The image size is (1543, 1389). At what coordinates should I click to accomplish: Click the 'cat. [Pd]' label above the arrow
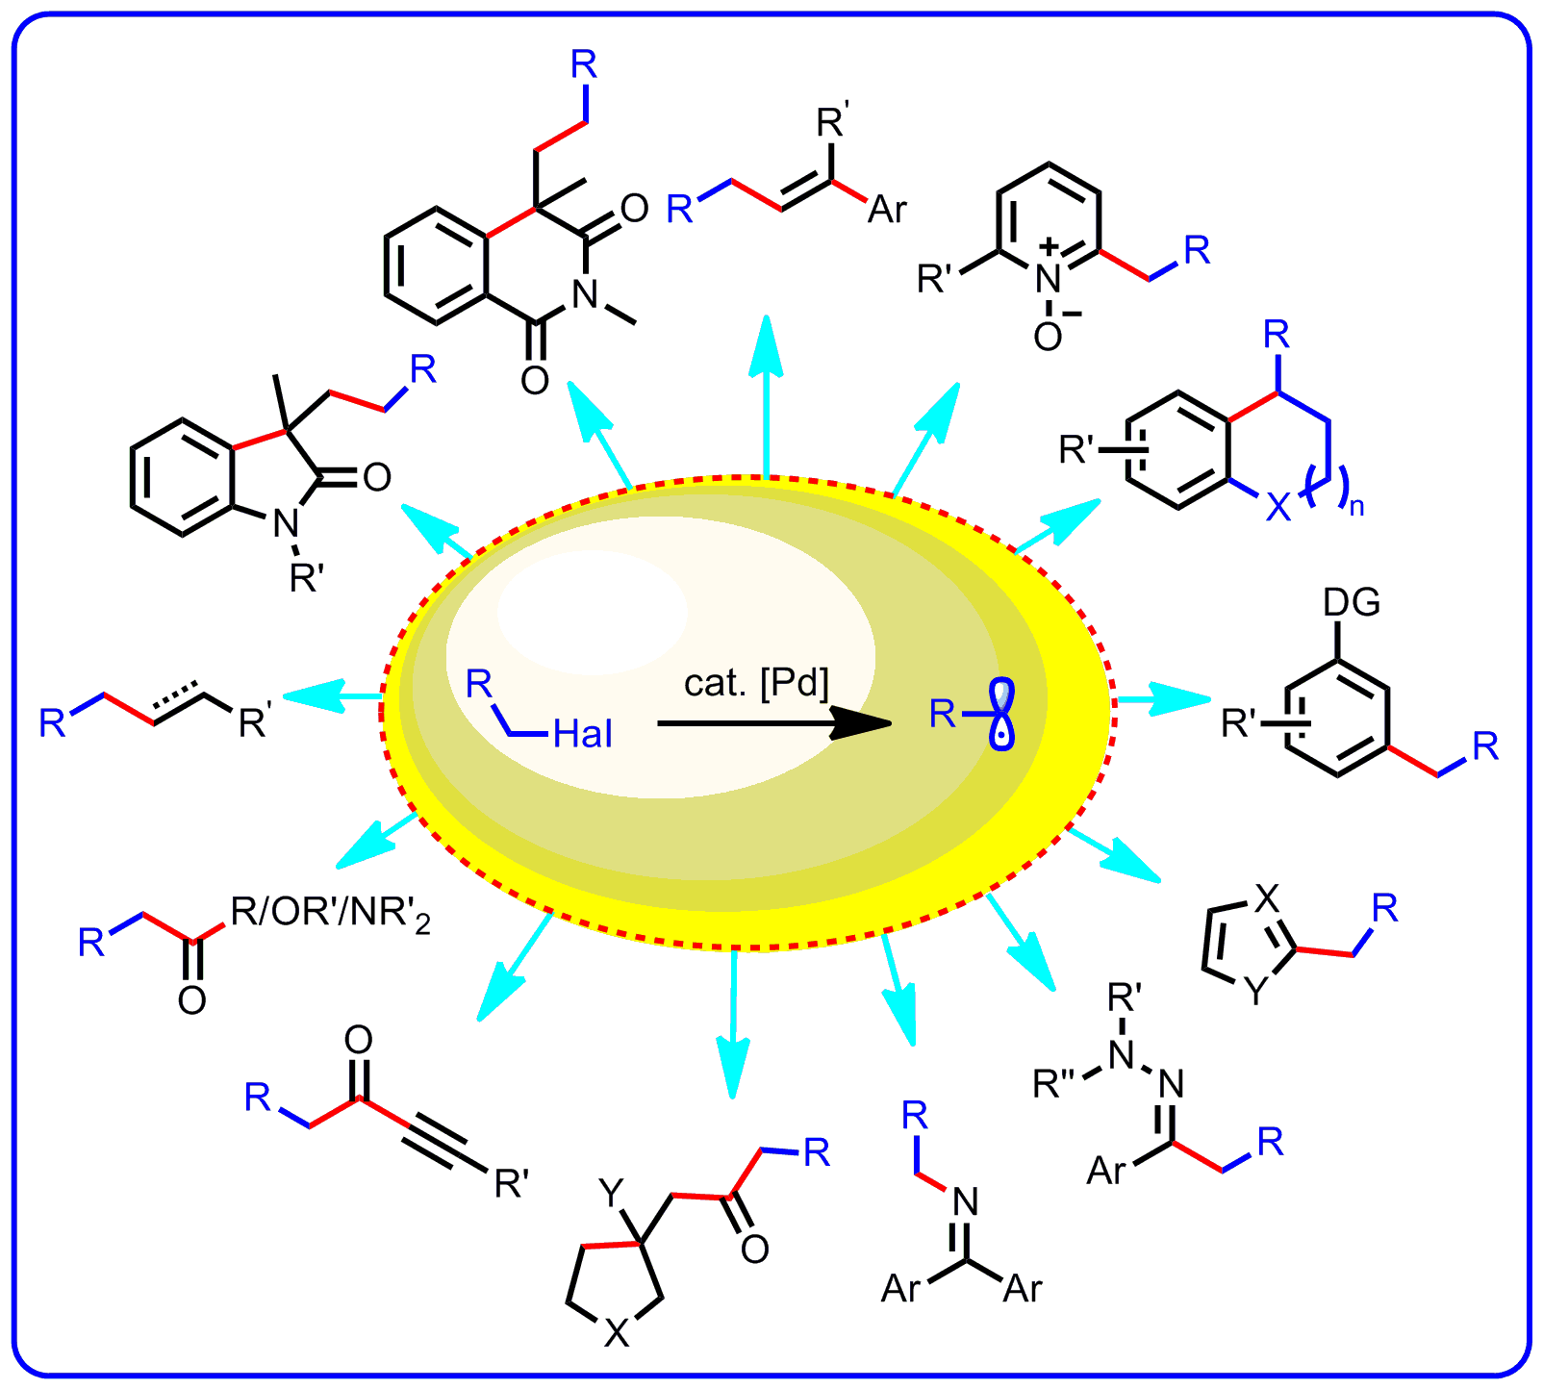756,684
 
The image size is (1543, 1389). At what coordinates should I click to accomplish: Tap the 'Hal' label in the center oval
583,736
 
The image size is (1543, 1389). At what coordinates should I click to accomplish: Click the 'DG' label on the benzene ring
1352,603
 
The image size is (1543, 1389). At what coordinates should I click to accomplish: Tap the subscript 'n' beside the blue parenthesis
1356,507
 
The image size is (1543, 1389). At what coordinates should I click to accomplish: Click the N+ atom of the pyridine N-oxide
1049,277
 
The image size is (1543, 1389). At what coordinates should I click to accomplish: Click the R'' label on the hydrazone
1058,1084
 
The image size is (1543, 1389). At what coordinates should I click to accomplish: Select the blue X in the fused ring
1277,507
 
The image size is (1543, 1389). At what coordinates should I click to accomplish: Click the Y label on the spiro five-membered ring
612,1194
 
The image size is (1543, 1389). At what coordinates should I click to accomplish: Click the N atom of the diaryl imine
965,1202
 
